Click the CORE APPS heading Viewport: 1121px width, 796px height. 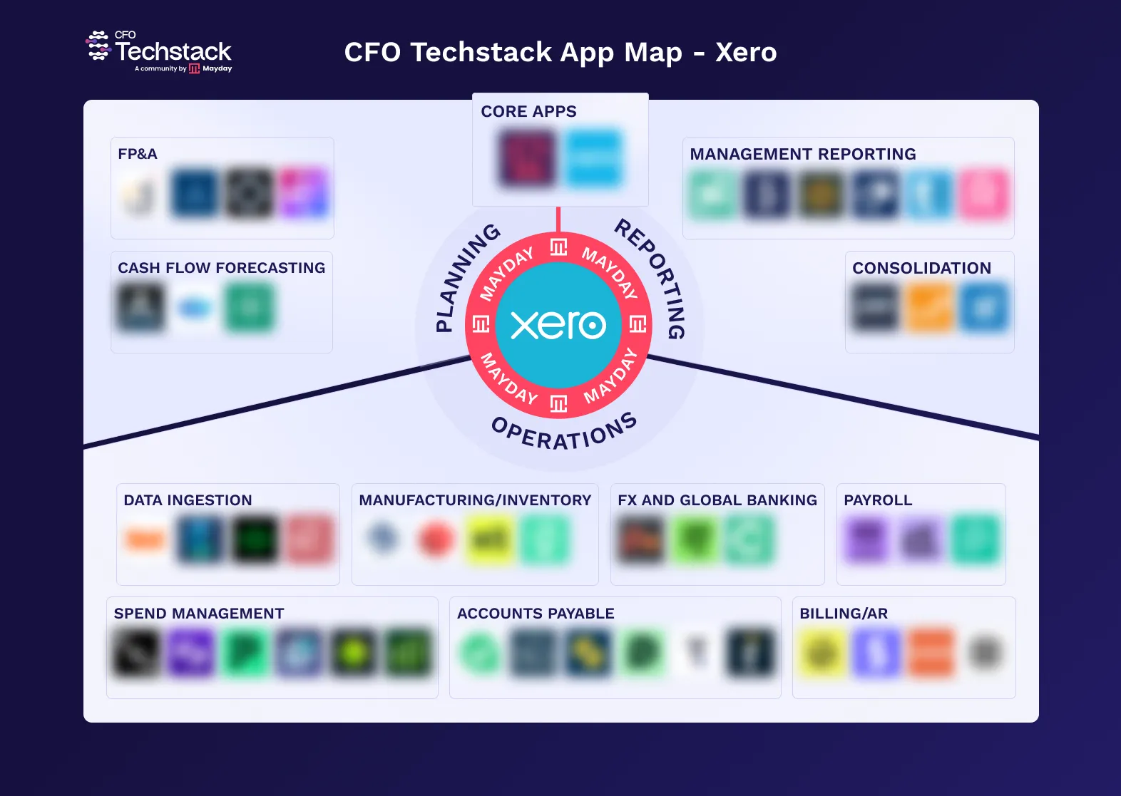pyautogui.click(x=528, y=112)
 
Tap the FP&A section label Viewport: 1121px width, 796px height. pyautogui.click(x=138, y=154)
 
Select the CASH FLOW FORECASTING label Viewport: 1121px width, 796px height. pyautogui.click(x=221, y=268)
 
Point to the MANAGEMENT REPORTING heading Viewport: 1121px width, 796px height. pyautogui.click(x=803, y=154)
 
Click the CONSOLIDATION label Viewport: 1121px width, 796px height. pyautogui.click(x=921, y=268)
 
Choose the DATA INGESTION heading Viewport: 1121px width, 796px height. pyautogui.click(x=188, y=500)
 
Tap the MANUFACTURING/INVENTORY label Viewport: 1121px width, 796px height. pyautogui.click(x=475, y=500)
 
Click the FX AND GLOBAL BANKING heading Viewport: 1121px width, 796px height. pyautogui.click(x=717, y=500)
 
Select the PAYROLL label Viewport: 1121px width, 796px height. pyautogui.click(x=878, y=500)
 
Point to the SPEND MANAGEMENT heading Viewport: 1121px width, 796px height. pyautogui.click(x=199, y=614)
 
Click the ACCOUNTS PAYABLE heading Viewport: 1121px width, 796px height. pyautogui.click(x=536, y=614)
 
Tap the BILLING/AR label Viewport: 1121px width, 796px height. pyautogui.click(x=844, y=614)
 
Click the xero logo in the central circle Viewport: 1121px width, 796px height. pyautogui.click(x=558, y=325)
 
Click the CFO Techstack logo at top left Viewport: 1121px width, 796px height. pyautogui.click(x=160, y=52)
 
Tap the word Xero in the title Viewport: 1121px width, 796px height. pyautogui.click(x=746, y=53)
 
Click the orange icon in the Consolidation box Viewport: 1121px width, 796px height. pyautogui.click(x=929, y=307)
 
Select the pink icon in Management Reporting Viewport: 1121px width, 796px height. pyautogui.click(x=984, y=194)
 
